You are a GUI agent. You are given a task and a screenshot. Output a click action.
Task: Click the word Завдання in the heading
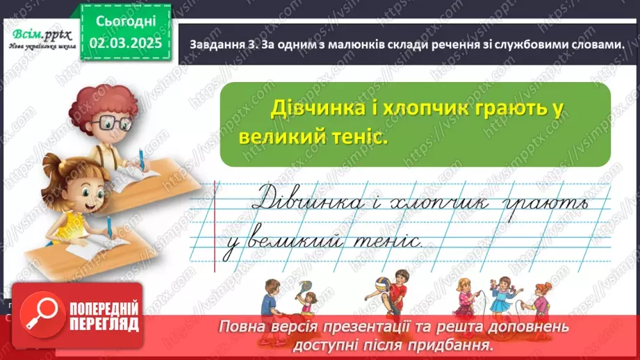[x=215, y=44]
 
